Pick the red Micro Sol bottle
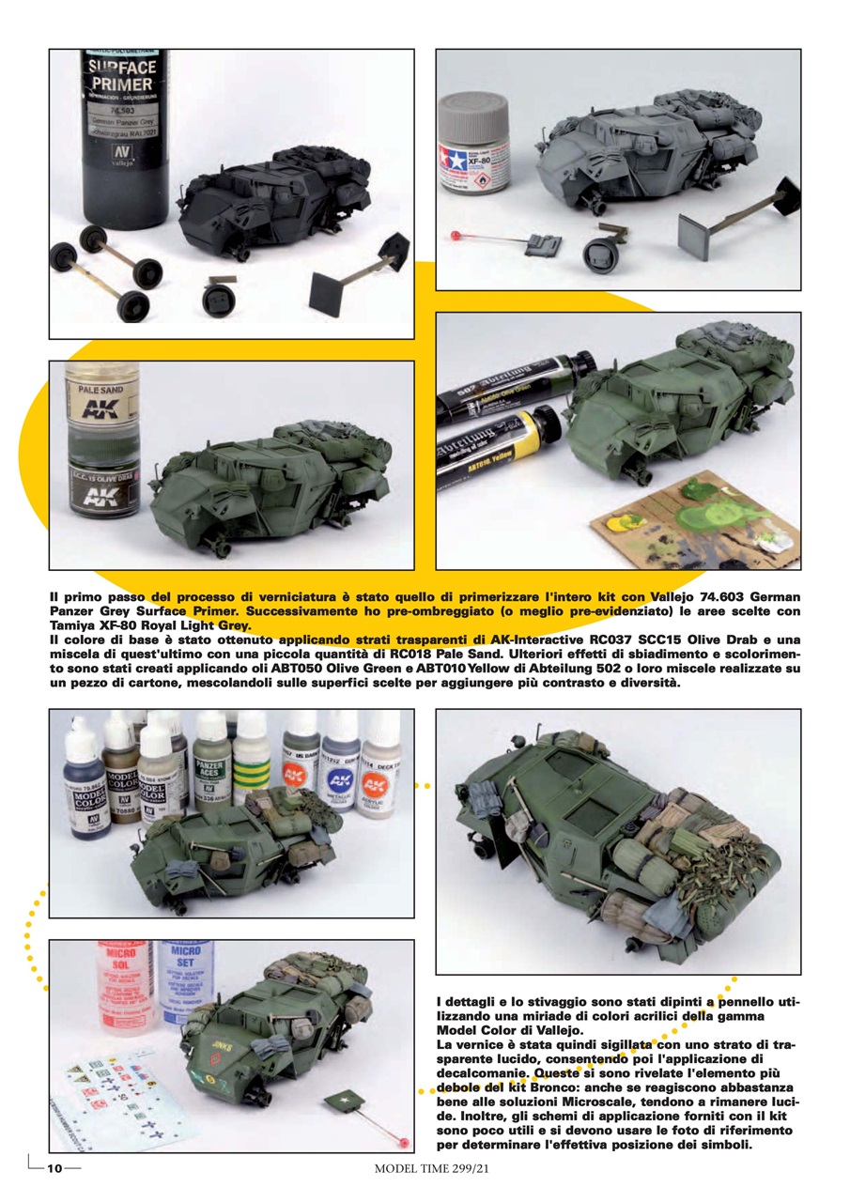pos(123,981)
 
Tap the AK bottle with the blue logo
pos(339,761)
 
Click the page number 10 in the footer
pos(54,1168)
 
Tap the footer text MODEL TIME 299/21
pos(433,1168)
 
